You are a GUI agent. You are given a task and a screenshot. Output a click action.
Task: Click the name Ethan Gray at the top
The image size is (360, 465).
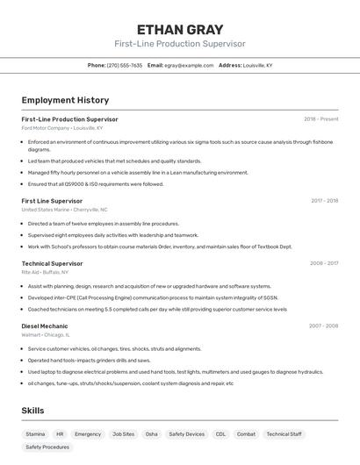click(x=179, y=29)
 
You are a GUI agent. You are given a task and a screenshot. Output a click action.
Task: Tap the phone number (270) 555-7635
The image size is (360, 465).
click(x=125, y=65)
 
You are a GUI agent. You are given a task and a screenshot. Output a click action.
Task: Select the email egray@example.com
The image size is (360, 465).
click(x=189, y=65)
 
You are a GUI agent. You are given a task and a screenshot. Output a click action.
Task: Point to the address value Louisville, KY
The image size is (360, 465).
click(x=257, y=65)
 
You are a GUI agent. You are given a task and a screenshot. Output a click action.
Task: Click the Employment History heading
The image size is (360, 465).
click(x=65, y=100)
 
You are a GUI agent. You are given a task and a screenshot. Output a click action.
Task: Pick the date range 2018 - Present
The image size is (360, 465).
click(x=320, y=118)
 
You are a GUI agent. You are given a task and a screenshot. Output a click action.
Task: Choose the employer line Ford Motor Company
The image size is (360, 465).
click(x=46, y=128)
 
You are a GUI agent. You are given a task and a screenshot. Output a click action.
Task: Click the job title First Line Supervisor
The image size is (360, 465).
click(x=52, y=201)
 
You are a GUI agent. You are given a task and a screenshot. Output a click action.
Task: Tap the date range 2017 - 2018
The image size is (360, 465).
click(x=324, y=201)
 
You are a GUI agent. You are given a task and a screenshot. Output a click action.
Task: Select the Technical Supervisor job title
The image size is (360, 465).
click(x=52, y=263)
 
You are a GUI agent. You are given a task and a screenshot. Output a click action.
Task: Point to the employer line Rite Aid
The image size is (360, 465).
click(x=31, y=272)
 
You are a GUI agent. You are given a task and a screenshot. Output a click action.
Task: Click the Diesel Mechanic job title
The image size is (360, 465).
click(x=44, y=325)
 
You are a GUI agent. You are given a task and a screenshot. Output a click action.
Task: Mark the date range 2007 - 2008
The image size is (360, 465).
click(x=323, y=325)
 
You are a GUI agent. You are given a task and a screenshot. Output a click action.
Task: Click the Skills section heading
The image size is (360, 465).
click(x=32, y=411)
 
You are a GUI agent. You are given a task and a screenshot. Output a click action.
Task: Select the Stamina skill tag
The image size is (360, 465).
click(x=35, y=433)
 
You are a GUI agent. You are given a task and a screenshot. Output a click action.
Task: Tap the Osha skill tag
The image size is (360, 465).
click(x=152, y=433)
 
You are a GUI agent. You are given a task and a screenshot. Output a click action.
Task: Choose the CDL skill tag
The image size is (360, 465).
click(x=220, y=433)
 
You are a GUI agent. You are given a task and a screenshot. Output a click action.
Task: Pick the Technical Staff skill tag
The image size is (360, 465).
click(x=284, y=433)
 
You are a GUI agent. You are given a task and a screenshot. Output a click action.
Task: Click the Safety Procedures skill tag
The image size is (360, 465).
click(x=47, y=447)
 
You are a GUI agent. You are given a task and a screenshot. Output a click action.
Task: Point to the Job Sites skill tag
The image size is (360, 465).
click(x=123, y=433)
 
